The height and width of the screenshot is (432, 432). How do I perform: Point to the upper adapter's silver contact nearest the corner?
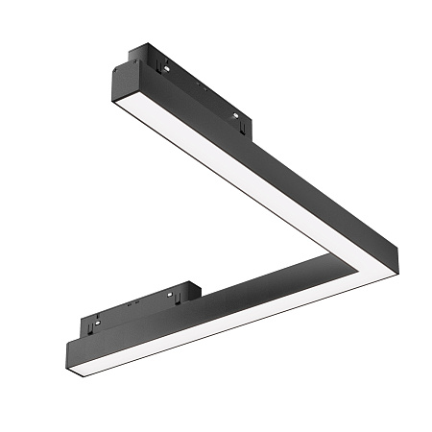(236, 117)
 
